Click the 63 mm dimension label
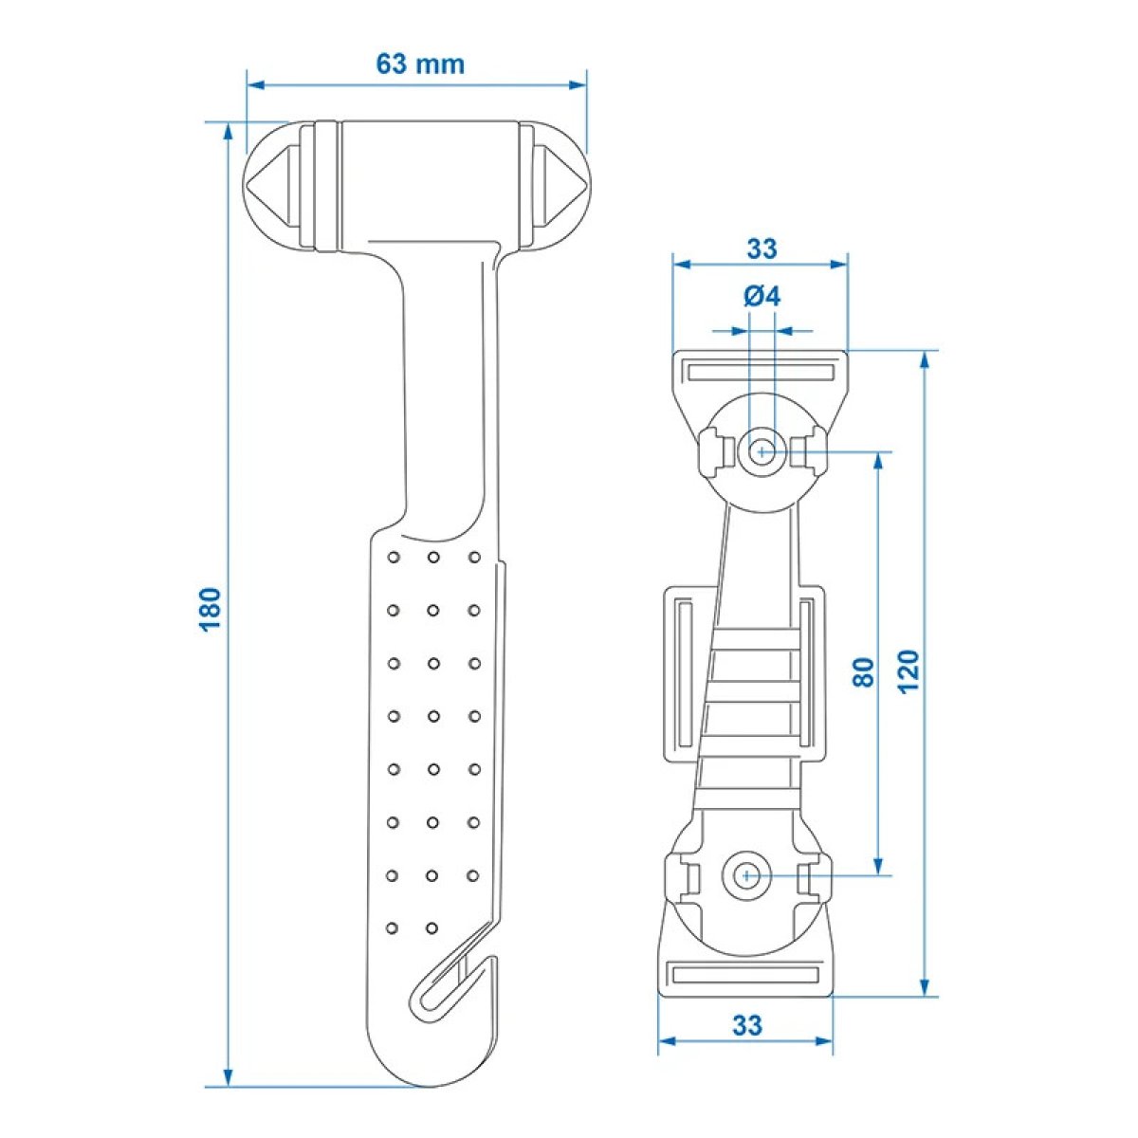pos(420,64)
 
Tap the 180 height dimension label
pos(211,610)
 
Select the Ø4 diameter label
pos(762,297)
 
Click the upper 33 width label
pos(762,249)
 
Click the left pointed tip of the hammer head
pos(248,185)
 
